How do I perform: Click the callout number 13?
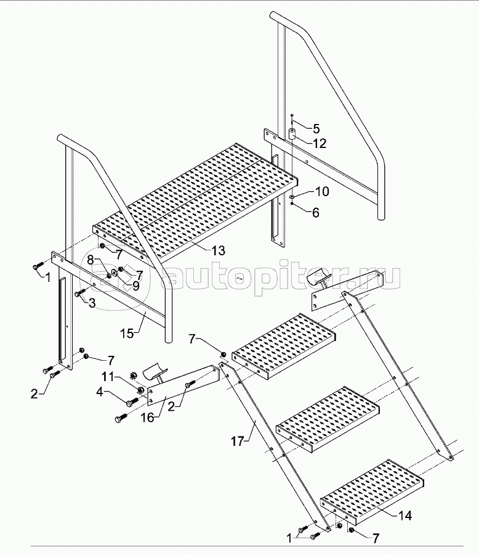pyautogui.click(x=218, y=250)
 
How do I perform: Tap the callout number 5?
pyautogui.click(x=316, y=128)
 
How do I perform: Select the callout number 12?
pyautogui.click(x=319, y=143)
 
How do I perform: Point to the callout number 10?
pyautogui.click(x=322, y=191)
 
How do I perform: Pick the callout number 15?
pyautogui.click(x=127, y=333)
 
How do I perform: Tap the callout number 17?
pyautogui.click(x=238, y=442)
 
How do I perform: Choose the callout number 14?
pyautogui.click(x=405, y=516)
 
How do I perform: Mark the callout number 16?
pyautogui.click(x=148, y=417)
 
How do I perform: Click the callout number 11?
pyautogui.click(x=108, y=376)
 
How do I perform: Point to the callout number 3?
pyautogui.click(x=92, y=303)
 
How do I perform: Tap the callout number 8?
pyautogui.click(x=91, y=260)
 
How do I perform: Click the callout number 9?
pyautogui.click(x=135, y=286)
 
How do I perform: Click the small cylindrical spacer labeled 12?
pyautogui.click(x=292, y=134)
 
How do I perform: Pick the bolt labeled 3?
pyautogui.click(x=81, y=292)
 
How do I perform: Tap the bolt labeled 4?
pyautogui.click(x=132, y=401)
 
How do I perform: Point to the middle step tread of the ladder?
pyautogui.click(x=328, y=419)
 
